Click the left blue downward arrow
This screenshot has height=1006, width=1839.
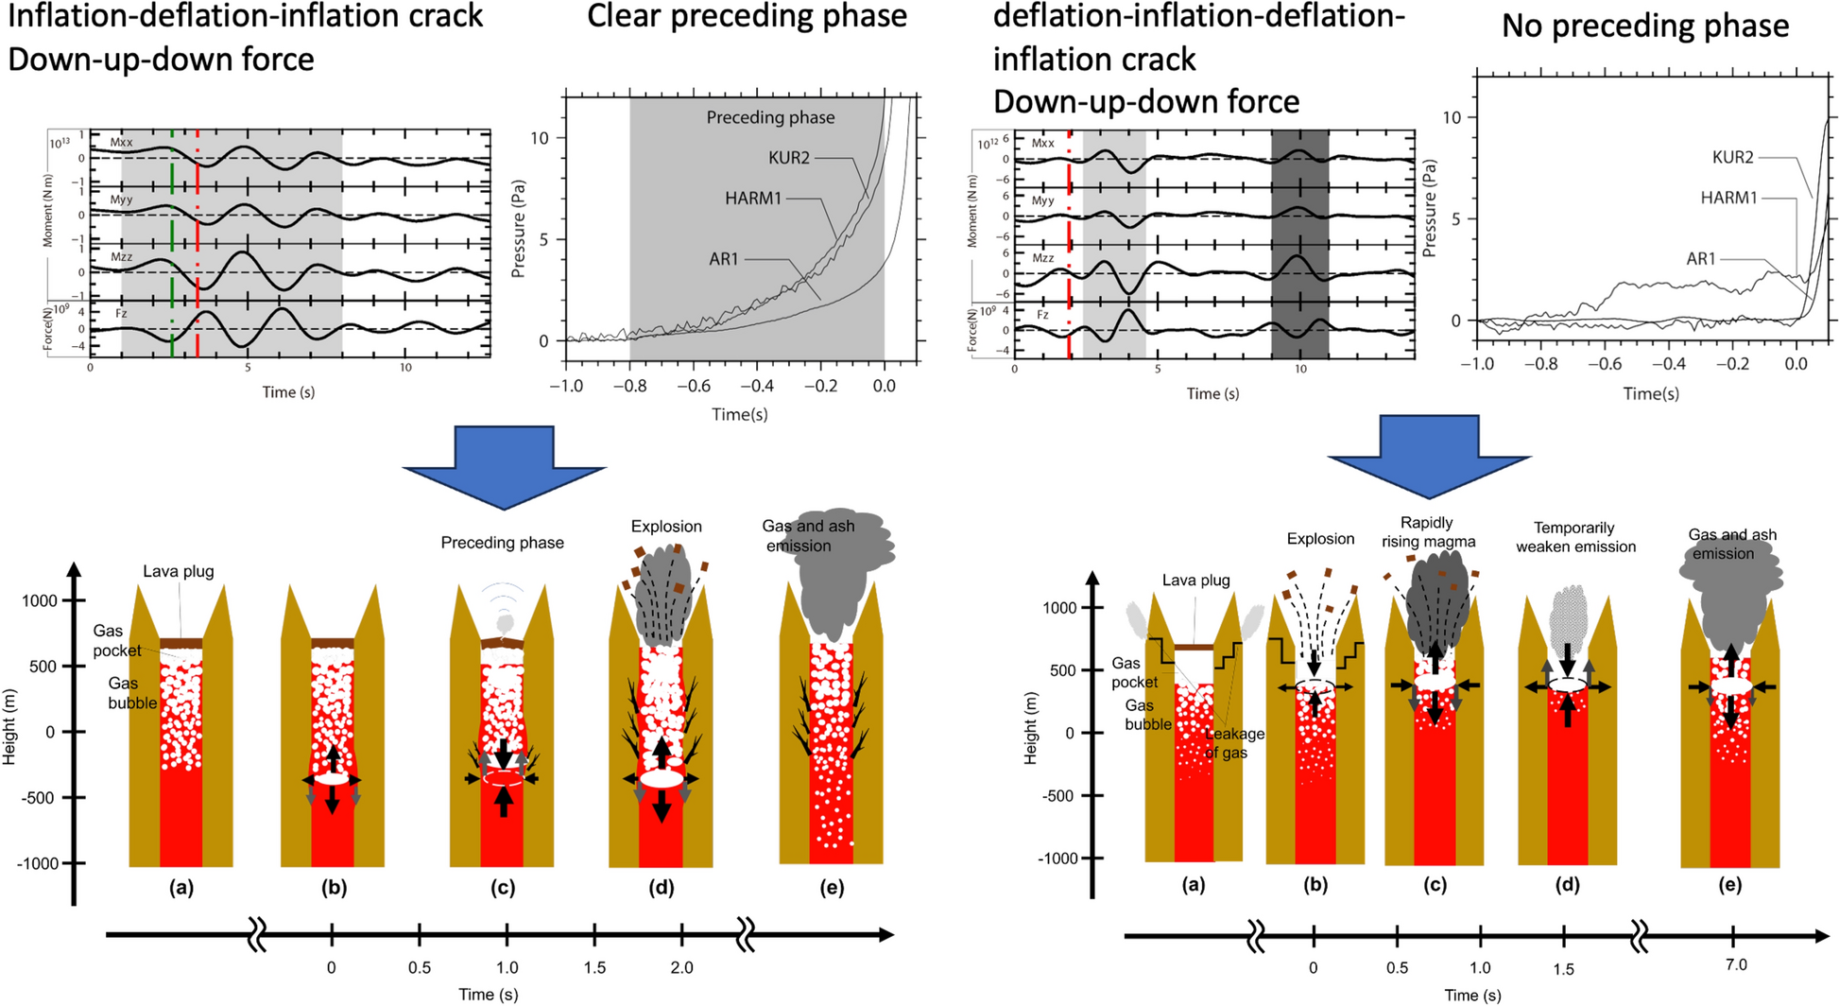pyautogui.click(x=504, y=463)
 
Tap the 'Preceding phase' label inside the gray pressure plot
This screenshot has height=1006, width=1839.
pyautogui.click(x=770, y=118)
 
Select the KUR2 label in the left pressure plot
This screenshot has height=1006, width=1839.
pyautogui.click(x=788, y=158)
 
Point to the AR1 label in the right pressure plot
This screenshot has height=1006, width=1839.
pyautogui.click(x=1700, y=258)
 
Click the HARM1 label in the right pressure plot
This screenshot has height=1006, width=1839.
pyautogui.click(x=1728, y=199)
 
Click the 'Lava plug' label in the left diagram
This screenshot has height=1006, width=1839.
pyautogui.click(x=179, y=571)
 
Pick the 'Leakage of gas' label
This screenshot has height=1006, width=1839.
pyautogui.click(x=1234, y=743)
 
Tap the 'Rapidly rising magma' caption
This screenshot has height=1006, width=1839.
pyautogui.click(x=1427, y=531)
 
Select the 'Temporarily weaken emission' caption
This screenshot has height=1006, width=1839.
pyautogui.click(x=1574, y=537)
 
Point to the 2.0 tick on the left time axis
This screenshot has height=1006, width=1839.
pyautogui.click(x=681, y=967)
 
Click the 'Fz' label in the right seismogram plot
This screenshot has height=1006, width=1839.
pyautogui.click(x=1042, y=315)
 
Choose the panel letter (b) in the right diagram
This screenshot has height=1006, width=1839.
pyautogui.click(x=1315, y=885)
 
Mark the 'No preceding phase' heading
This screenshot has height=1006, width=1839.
pyautogui.click(x=1644, y=26)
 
